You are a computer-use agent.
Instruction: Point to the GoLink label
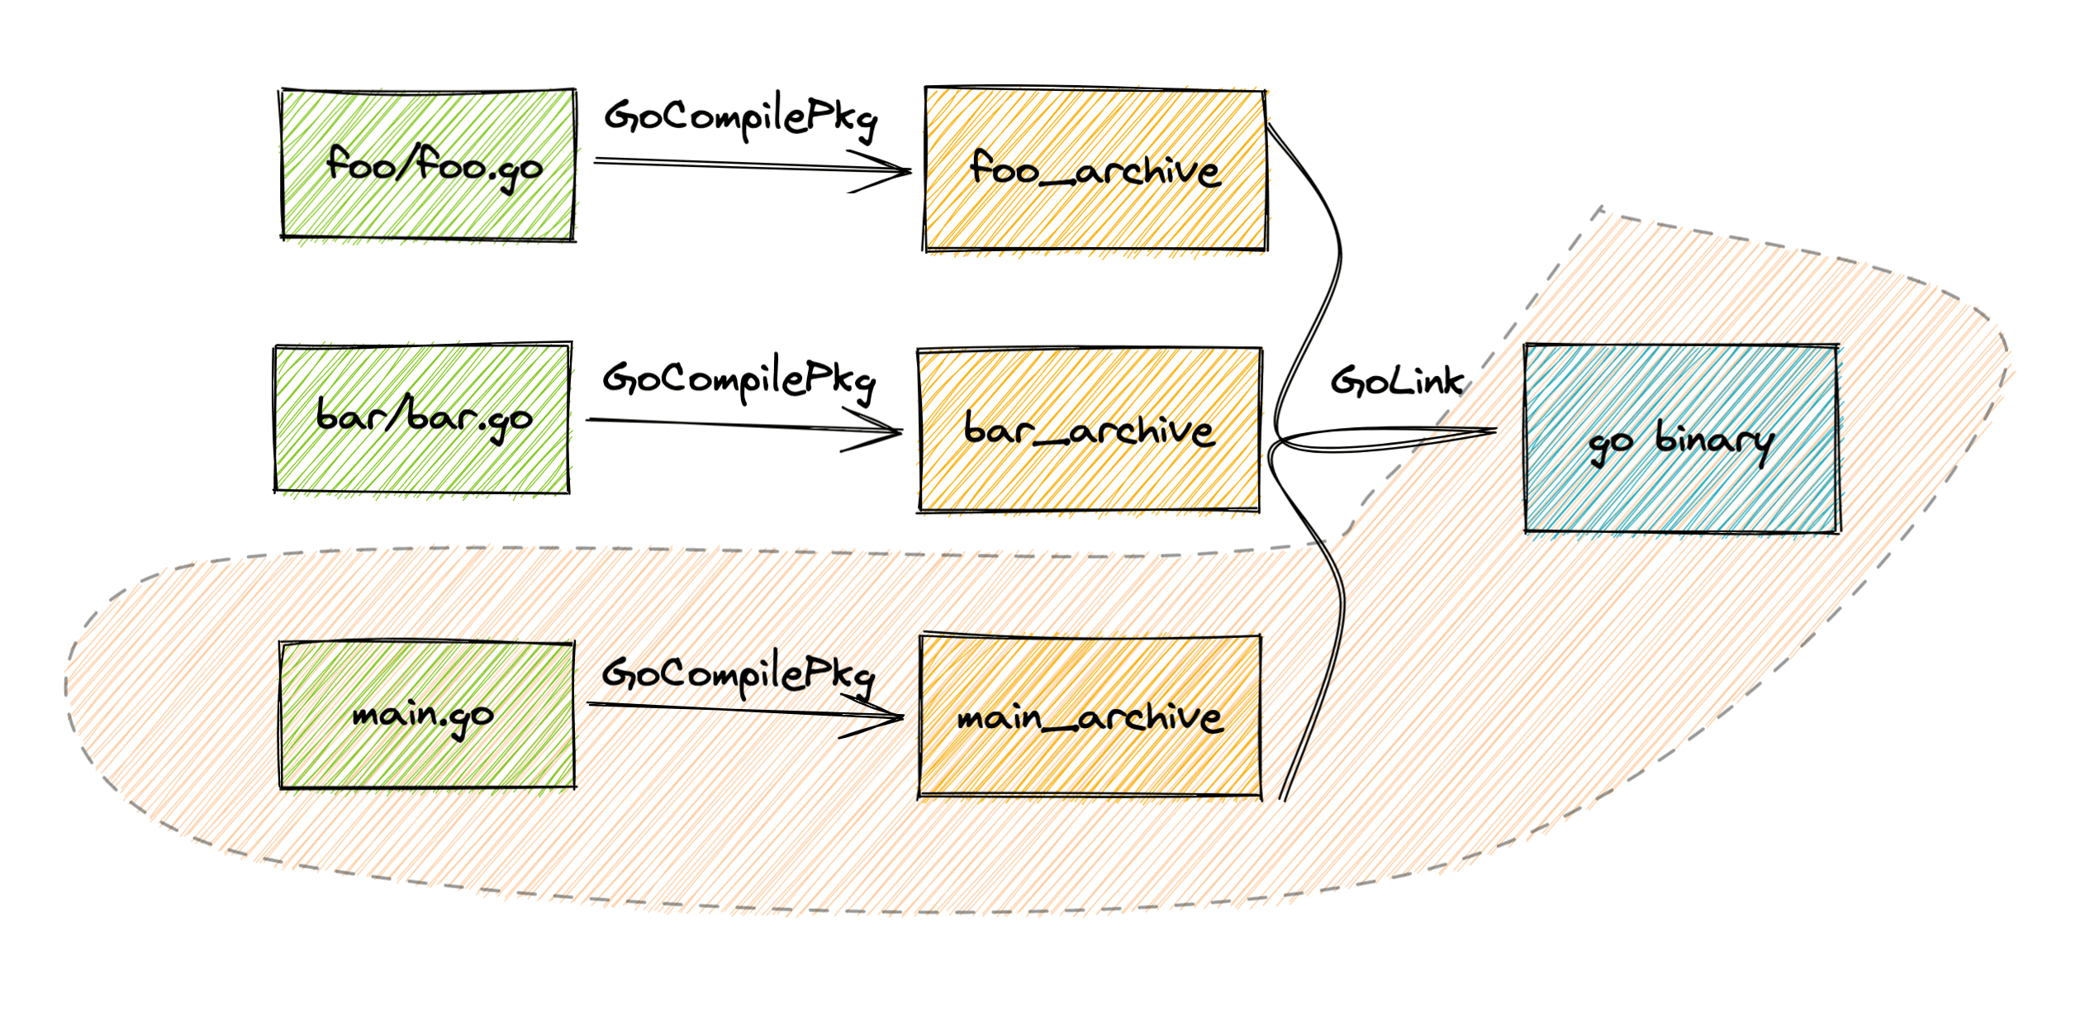1396,381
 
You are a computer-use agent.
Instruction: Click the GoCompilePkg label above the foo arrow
740,119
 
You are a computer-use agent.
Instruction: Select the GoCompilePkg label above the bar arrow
739,380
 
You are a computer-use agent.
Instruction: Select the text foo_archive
1095,170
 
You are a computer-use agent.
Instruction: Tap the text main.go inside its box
423,716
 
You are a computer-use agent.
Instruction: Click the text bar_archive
1090,431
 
